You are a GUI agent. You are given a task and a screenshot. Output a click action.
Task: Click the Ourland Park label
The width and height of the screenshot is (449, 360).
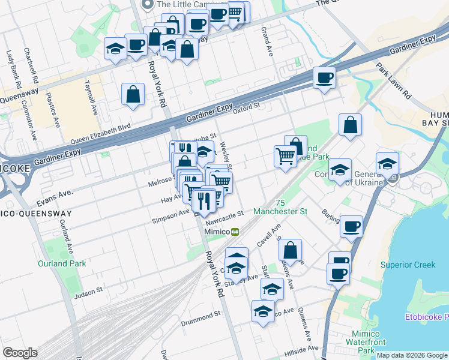62,263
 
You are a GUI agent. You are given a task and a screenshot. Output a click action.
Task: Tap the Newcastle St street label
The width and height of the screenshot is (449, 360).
228,214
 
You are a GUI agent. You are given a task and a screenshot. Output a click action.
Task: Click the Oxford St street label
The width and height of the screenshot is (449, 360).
246,107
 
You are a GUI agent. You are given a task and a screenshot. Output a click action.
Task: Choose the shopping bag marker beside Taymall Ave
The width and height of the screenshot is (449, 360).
133,94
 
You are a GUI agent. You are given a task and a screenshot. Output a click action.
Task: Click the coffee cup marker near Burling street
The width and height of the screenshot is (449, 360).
351,226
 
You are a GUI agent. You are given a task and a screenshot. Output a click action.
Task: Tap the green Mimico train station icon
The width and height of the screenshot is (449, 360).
236,232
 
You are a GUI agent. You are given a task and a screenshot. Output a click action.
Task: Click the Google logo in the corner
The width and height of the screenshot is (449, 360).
20,353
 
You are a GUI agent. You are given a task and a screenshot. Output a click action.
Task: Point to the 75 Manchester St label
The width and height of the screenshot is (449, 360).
280,208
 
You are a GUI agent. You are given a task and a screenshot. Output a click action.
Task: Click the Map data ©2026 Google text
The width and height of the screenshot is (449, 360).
412,355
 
